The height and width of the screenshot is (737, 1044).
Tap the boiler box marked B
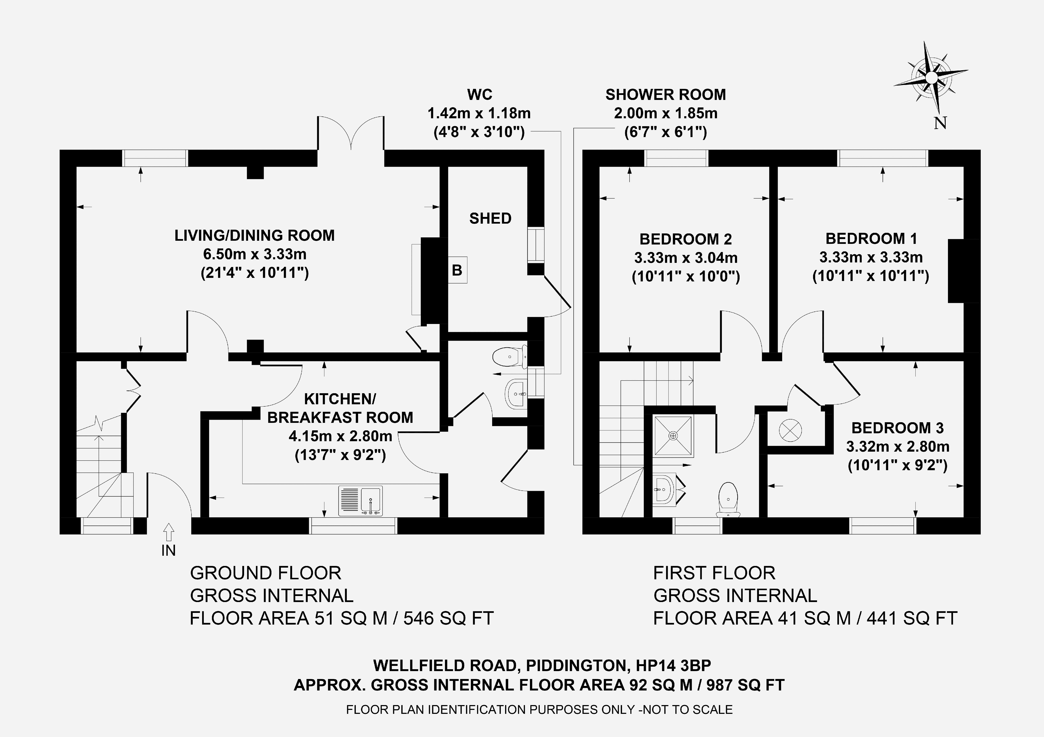(x=457, y=270)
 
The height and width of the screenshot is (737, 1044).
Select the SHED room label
(x=490, y=219)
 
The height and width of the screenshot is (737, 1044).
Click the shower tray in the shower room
(x=673, y=435)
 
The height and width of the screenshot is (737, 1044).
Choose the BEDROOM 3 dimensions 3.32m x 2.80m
(x=898, y=447)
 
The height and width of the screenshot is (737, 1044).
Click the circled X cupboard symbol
(x=790, y=430)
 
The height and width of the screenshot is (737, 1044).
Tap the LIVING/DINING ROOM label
(x=255, y=235)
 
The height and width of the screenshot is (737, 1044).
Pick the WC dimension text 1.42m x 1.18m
(x=479, y=113)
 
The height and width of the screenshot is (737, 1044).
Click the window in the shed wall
(x=536, y=244)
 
